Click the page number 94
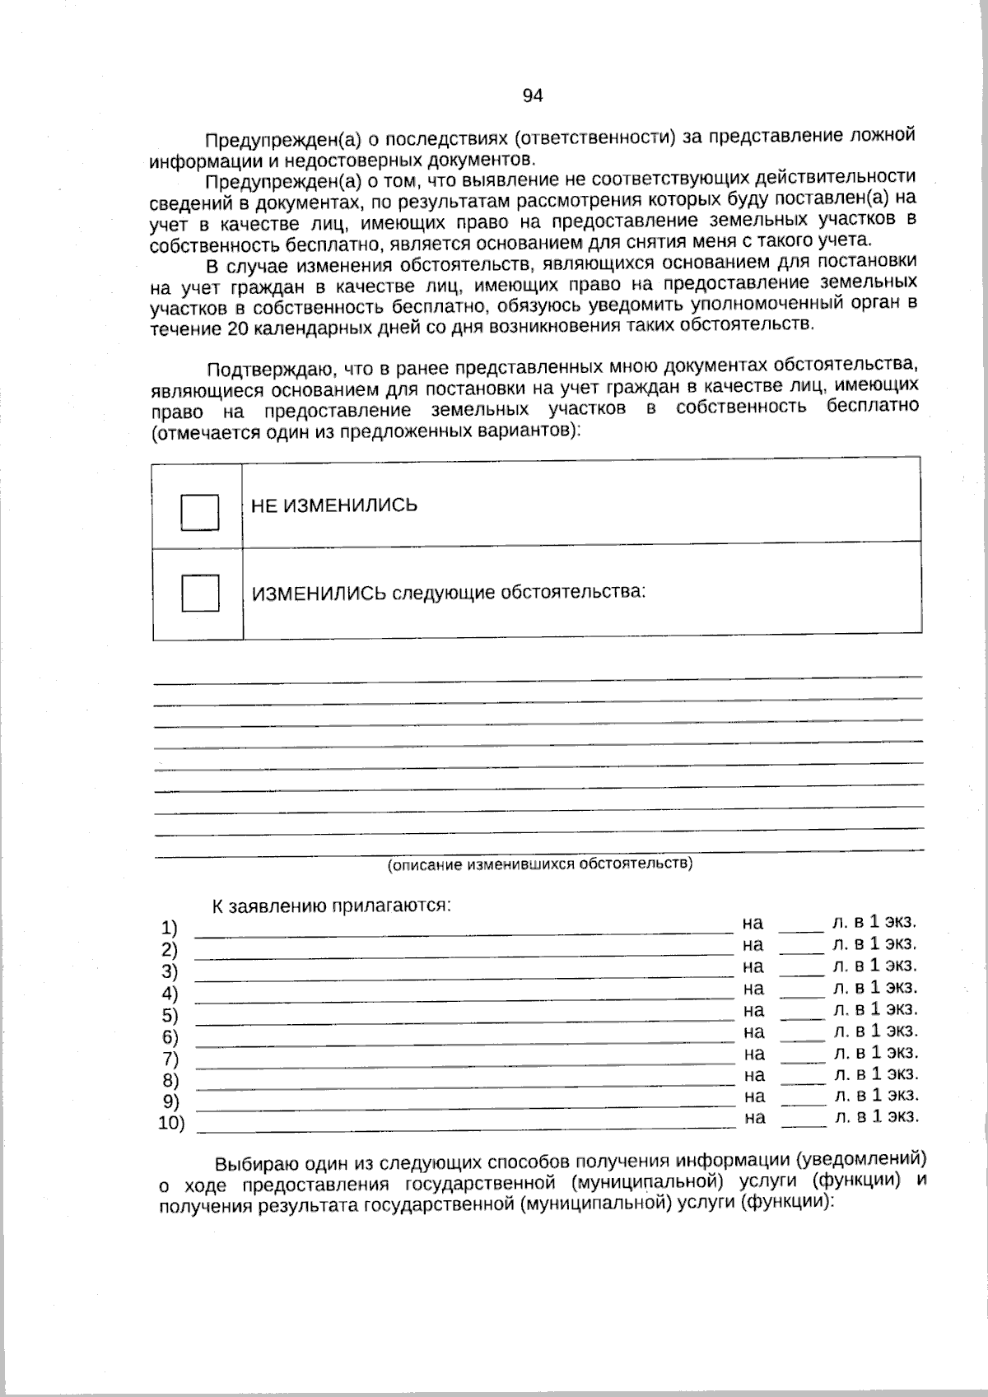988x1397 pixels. coord(533,96)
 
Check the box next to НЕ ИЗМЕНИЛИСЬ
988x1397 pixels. coord(199,512)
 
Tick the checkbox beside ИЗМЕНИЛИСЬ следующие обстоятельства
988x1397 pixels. coord(199,593)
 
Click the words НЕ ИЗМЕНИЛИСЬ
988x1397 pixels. coord(333,505)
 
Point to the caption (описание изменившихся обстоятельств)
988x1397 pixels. coord(540,864)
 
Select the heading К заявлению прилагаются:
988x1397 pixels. coord(332,906)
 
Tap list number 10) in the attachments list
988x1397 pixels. coord(171,1123)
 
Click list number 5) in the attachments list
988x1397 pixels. coord(170,1014)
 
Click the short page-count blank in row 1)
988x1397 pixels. coord(801,929)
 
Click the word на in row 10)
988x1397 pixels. coord(754,1117)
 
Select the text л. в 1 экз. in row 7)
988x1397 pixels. coord(875,1052)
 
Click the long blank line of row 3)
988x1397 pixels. coord(463,975)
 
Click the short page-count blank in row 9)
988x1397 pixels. coord(803,1101)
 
